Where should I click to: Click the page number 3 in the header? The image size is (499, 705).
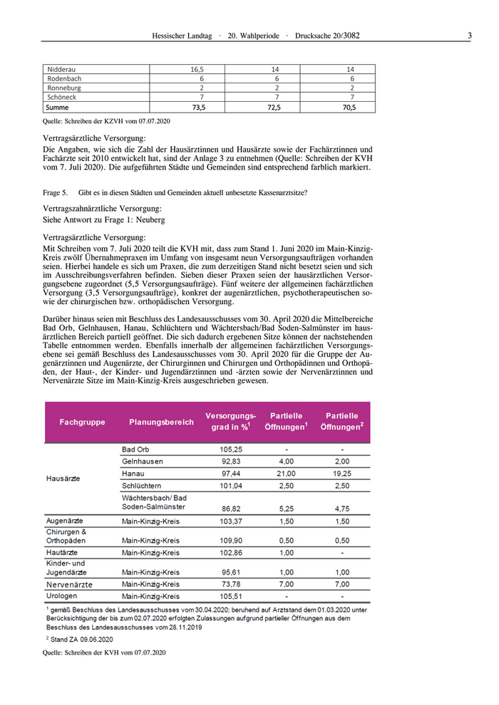pos(469,35)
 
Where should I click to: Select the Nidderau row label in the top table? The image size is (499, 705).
pos(61,69)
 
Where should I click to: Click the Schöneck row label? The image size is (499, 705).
pos(62,97)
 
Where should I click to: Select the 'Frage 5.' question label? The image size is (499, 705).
pos(56,192)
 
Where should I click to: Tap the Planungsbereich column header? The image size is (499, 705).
pos(161,422)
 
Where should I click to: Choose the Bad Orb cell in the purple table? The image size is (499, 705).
pos(135,450)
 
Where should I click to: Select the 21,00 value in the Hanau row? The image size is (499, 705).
pos(286,473)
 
